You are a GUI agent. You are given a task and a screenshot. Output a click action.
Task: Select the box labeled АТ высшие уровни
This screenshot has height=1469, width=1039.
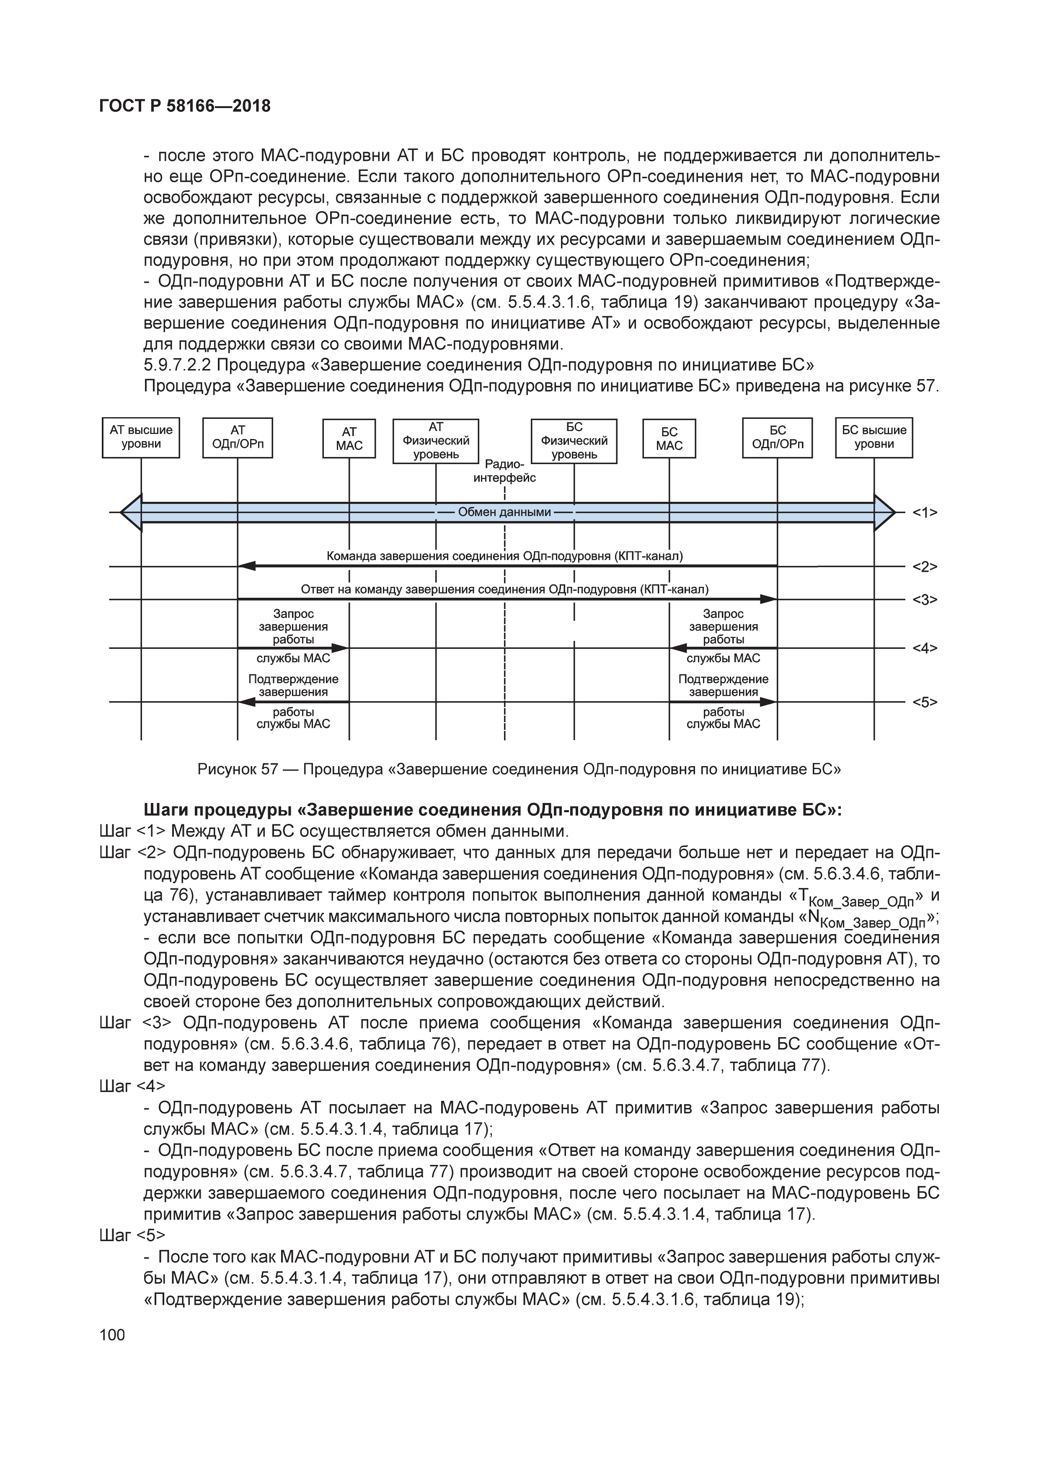coord(141,438)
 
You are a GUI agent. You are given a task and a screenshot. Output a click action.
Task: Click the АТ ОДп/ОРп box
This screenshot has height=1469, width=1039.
coord(238,438)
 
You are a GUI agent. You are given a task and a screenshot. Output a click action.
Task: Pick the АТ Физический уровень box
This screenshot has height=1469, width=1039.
coord(436,440)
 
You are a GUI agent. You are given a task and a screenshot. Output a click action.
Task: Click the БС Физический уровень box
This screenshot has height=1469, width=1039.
coord(574,440)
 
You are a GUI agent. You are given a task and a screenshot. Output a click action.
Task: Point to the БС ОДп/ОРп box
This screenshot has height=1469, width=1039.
coord(777,438)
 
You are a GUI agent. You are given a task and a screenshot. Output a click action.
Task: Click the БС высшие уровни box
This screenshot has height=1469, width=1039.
coord(874,438)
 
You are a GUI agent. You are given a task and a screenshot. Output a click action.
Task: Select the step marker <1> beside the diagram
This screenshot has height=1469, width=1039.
coord(925,512)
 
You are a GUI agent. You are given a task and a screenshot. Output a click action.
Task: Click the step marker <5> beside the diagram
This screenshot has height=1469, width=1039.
coord(925,702)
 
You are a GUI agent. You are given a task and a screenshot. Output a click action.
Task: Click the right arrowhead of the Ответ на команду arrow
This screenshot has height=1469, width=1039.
coord(768,599)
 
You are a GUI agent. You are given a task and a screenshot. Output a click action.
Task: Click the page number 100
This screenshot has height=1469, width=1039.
coord(113,1335)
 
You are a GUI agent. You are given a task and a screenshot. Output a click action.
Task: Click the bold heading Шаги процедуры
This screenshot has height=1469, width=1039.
coord(493,810)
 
